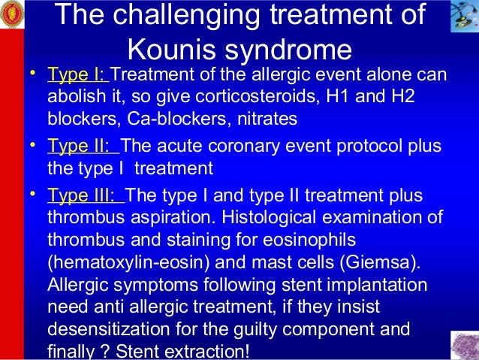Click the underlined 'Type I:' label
click(77, 76)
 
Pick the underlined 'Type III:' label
click(86, 196)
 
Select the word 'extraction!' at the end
click(217, 351)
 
